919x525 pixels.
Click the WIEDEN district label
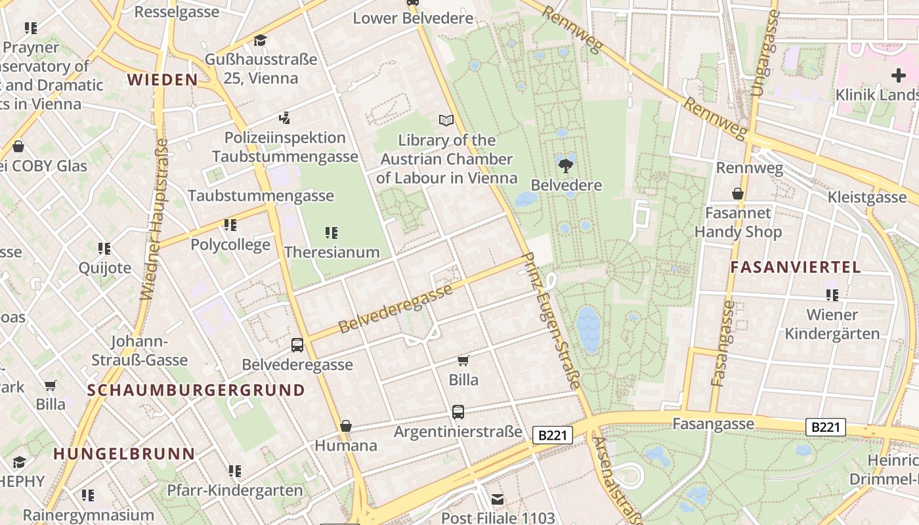click(162, 80)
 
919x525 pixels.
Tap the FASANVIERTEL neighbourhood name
click(796, 267)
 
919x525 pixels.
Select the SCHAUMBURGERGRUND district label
click(196, 390)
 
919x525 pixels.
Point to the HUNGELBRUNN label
click(124, 453)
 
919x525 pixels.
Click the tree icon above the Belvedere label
click(565, 164)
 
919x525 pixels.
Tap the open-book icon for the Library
click(446, 120)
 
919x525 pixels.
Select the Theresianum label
click(332, 252)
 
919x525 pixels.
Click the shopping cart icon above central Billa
click(463, 360)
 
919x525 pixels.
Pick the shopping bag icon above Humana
click(346, 426)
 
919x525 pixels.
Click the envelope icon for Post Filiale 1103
click(498, 499)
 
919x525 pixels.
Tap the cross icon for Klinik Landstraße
click(898, 75)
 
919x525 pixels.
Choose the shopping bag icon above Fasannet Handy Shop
click(738, 194)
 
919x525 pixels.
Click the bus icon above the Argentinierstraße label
click(458, 412)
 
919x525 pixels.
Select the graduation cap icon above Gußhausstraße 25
click(261, 41)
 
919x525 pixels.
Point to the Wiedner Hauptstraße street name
click(154, 220)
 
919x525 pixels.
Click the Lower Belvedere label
click(413, 18)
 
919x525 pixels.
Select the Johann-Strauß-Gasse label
click(139, 351)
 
